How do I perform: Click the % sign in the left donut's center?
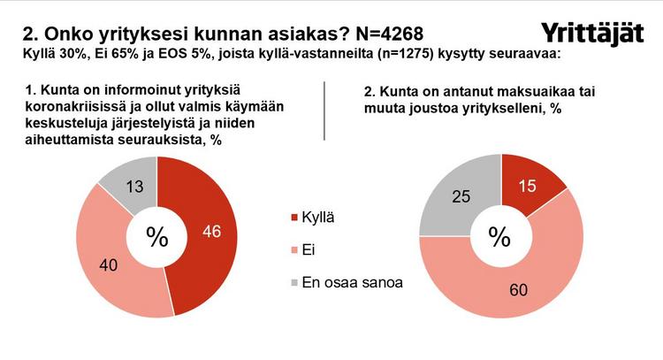(156, 237)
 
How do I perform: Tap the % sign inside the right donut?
(500, 237)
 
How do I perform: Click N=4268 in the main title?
(386, 34)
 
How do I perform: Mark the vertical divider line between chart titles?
(326, 111)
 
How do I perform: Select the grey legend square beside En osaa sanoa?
(295, 284)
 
